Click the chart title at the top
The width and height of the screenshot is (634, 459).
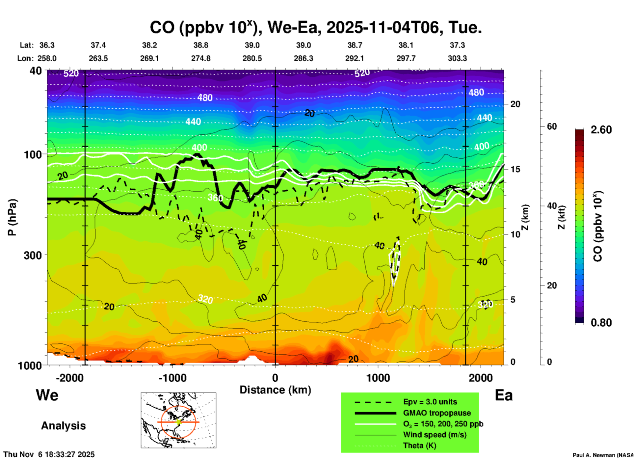(316, 27)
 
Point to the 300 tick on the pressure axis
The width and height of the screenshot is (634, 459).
(33, 255)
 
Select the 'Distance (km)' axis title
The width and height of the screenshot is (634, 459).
(275, 390)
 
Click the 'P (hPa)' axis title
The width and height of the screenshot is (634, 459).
(12, 217)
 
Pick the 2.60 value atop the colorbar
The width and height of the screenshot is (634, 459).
(601, 130)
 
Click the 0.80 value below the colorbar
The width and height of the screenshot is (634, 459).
(601, 323)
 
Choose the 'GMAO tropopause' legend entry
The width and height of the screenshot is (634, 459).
(437, 413)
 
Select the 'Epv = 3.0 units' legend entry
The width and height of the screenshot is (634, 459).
(430, 402)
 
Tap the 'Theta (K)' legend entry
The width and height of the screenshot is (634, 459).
(419, 445)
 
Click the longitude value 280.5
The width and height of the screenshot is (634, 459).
(252, 58)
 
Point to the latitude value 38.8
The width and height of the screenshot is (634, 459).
(201, 45)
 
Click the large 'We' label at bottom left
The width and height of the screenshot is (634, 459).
(47, 395)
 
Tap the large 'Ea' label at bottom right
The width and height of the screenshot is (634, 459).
(504, 395)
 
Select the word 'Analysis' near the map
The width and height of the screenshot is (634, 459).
(63, 426)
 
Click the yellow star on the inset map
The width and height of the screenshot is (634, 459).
(178, 422)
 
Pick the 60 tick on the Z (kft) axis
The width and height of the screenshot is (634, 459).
(552, 126)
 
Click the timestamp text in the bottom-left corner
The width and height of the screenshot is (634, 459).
(49, 454)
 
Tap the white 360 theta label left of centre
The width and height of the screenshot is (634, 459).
(215, 198)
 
